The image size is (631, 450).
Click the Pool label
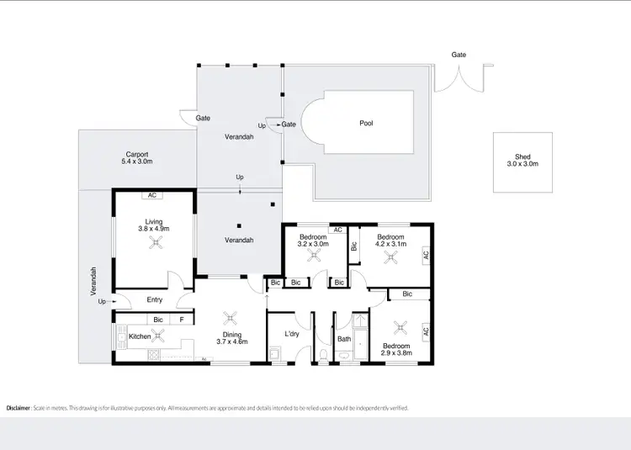point(366,123)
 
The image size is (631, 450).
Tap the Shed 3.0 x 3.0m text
point(522,161)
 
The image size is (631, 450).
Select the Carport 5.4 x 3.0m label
point(137,158)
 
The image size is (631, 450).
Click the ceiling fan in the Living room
point(155,243)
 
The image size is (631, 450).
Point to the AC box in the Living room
point(152,195)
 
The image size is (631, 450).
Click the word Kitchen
point(139,336)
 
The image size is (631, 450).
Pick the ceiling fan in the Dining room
point(230,318)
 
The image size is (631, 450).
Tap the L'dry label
point(292,334)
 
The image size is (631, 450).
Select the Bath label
point(344,339)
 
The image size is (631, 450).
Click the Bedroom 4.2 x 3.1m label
point(390,241)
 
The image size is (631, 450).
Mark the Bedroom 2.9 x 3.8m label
point(396,350)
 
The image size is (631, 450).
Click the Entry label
point(155,299)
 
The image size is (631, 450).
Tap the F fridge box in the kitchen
point(182,320)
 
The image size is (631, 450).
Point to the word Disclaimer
point(19,407)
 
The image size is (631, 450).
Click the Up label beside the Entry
point(102,301)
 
